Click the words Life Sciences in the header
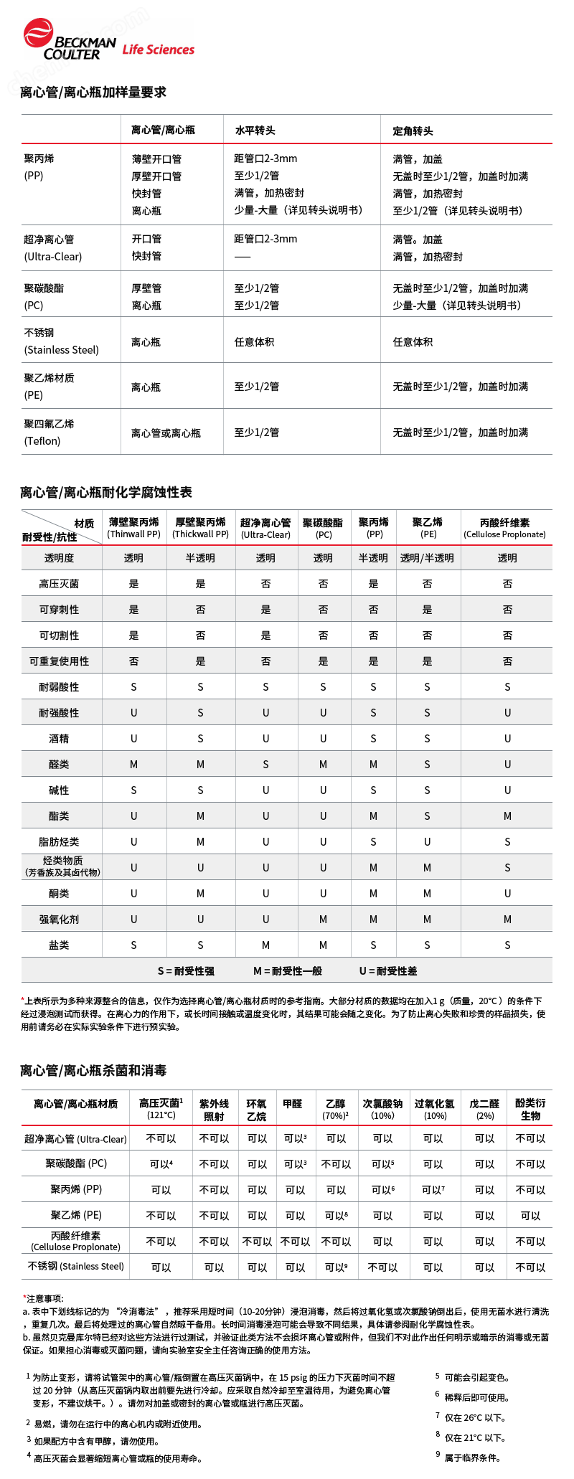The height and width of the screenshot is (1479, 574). (158, 49)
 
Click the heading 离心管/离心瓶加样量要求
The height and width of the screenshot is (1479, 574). (93, 93)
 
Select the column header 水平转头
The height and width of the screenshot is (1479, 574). (255, 131)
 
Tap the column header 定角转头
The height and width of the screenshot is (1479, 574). (413, 131)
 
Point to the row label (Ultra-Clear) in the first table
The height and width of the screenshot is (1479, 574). (53, 257)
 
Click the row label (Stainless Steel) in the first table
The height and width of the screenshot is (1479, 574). (62, 350)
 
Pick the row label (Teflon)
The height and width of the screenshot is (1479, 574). (42, 441)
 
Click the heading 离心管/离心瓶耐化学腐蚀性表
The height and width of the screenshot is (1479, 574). (106, 493)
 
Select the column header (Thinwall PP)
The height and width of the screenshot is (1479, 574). (134, 534)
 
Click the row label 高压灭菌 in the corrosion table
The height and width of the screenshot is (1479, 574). (60, 584)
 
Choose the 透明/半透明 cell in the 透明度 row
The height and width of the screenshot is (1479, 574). (427, 558)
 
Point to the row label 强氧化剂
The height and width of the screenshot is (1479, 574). (60, 920)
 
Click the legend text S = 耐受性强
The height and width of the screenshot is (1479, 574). (186, 971)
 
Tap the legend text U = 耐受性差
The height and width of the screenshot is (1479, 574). (388, 971)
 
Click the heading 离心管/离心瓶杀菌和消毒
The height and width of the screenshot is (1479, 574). (93, 1071)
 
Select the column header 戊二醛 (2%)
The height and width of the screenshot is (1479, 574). (484, 1110)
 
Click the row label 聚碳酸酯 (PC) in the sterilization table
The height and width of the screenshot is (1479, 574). (76, 1163)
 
